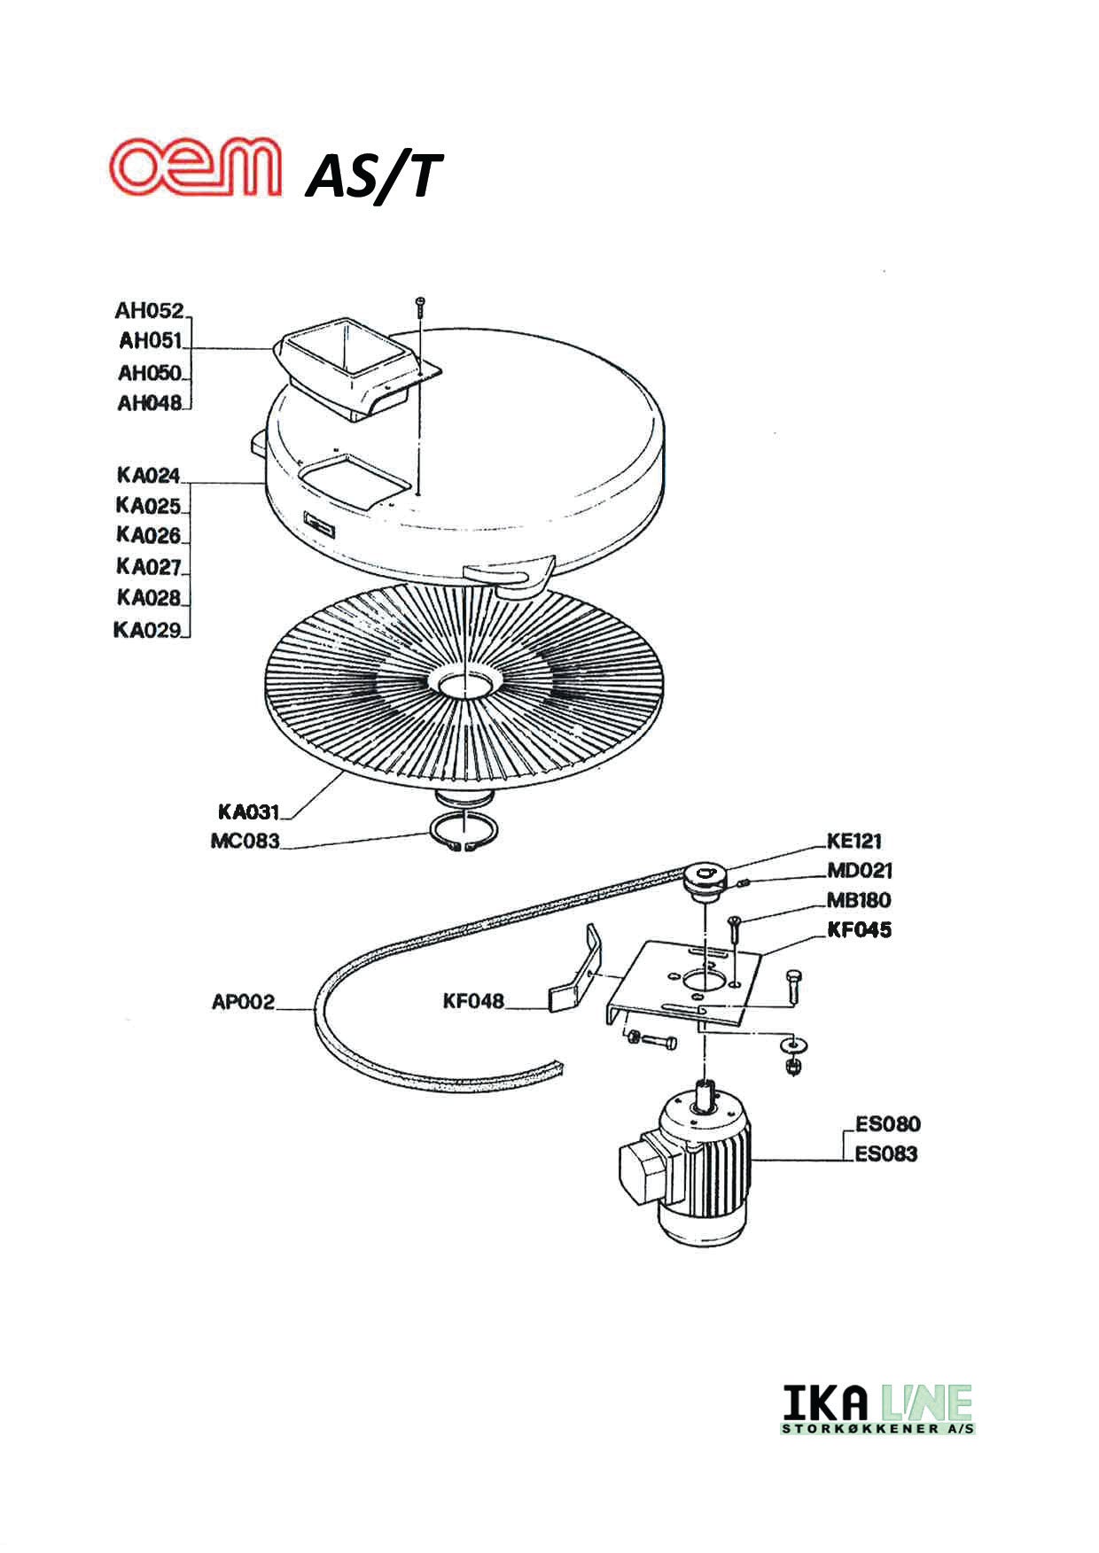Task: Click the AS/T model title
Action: pyautogui.click(x=372, y=175)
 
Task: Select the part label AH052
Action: pyautogui.click(x=149, y=311)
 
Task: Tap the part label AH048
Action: pyautogui.click(x=149, y=403)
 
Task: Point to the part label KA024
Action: pyautogui.click(x=148, y=476)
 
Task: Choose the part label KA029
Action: pyautogui.click(x=147, y=630)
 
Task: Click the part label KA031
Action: pyautogui.click(x=248, y=811)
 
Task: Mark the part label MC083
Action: pyautogui.click(x=245, y=841)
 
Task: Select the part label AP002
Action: pyautogui.click(x=243, y=1003)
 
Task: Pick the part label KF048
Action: pyautogui.click(x=473, y=1002)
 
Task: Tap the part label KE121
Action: pyautogui.click(x=854, y=841)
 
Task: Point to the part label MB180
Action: pyautogui.click(x=858, y=900)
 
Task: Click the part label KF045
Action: pyautogui.click(x=858, y=930)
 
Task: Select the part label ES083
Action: pyautogui.click(x=885, y=1154)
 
